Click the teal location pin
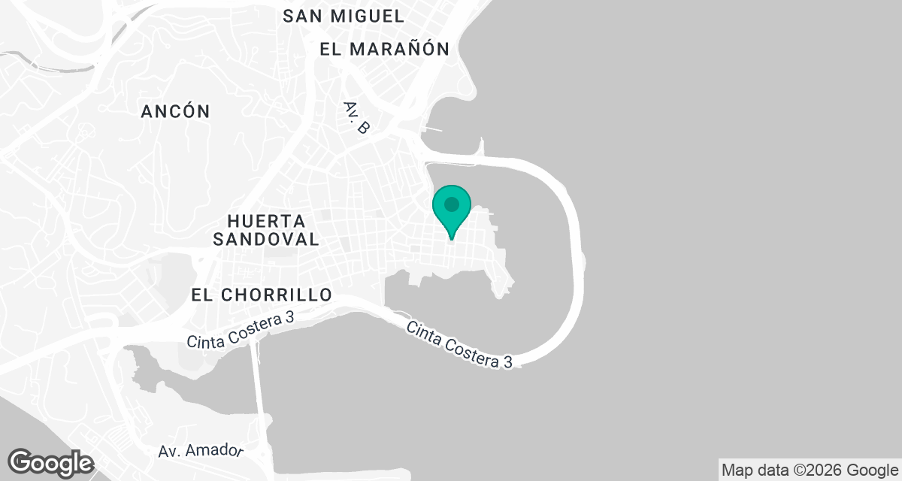[x=452, y=210]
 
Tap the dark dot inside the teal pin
[x=452, y=204]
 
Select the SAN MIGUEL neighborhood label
[x=344, y=15]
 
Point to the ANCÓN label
[x=176, y=111]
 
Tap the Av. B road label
[x=356, y=118]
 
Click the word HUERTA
[x=265, y=222]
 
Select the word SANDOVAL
[x=266, y=240]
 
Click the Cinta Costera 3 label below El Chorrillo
[x=240, y=330]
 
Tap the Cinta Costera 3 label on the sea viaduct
[x=460, y=345]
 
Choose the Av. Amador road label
[x=201, y=451]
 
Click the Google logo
[x=51, y=462]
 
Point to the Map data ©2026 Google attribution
[x=809, y=470]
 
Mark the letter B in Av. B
[x=363, y=128]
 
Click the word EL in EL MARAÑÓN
[x=330, y=50]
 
